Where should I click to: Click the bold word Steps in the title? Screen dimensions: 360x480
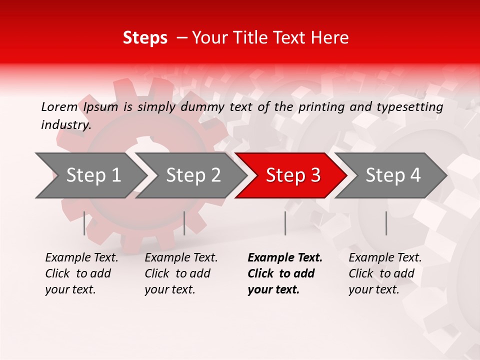(x=145, y=38)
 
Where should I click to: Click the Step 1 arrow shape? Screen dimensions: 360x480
(x=90, y=175)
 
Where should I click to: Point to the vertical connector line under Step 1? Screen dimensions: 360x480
(x=84, y=223)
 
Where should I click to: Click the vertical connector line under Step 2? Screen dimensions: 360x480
(x=184, y=223)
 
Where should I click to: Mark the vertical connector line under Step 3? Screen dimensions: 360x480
(x=285, y=223)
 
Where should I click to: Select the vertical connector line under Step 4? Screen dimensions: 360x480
(x=386, y=223)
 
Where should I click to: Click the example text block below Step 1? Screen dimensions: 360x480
(x=81, y=273)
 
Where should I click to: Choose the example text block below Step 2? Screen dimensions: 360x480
(x=181, y=273)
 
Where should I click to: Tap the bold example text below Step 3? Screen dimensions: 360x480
(x=284, y=273)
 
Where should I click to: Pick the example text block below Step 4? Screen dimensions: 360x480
(x=385, y=273)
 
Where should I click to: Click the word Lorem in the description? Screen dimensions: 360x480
(x=59, y=106)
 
